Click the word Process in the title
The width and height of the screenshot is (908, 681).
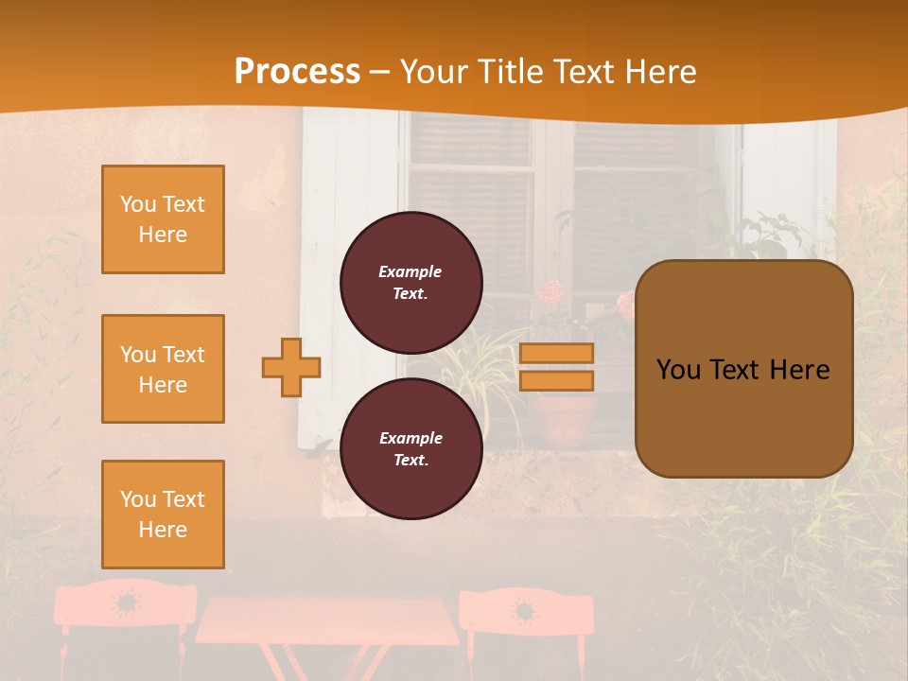(x=297, y=72)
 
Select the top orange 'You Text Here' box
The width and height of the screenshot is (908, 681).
(x=163, y=219)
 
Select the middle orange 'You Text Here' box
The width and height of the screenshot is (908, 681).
(x=163, y=369)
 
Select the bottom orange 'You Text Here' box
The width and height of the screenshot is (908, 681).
(x=163, y=514)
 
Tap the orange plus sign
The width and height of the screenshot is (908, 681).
(x=291, y=367)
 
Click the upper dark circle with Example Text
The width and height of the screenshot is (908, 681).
(x=410, y=282)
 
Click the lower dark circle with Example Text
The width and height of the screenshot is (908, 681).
(x=410, y=448)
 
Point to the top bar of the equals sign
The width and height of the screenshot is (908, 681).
(x=556, y=353)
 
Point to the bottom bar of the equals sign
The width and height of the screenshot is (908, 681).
(x=556, y=380)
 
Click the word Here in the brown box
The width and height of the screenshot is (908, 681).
(x=799, y=370)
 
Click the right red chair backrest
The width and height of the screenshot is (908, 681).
(x=526, y=610)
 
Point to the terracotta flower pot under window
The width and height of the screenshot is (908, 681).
(x=565, y=421)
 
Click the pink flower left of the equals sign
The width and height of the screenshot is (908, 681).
(x=551, y=291)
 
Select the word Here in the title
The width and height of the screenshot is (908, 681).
(x=659, y=72)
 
